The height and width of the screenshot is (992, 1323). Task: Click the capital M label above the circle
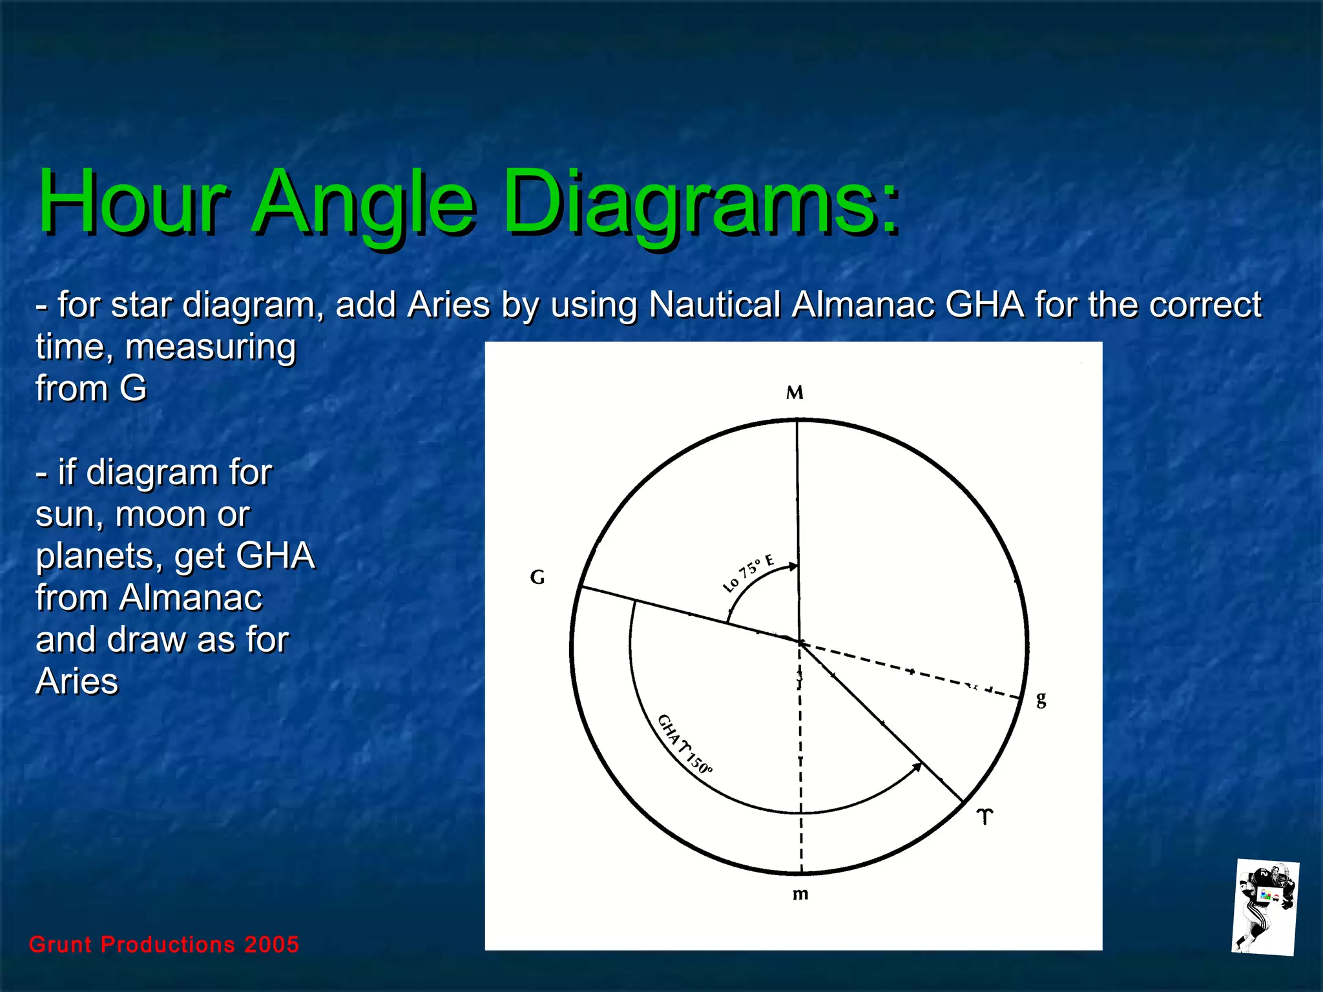click(795, 393)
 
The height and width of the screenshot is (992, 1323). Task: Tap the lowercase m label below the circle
click(800, 894)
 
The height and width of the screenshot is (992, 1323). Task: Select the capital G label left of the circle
click(537, 577)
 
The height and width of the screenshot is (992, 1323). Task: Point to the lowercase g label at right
click(1041, 699)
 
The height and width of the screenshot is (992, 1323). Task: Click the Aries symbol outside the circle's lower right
click(984, 816)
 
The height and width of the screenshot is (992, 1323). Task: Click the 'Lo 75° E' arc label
click(747, 573)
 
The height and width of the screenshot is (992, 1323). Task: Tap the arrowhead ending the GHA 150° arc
click(917, 767)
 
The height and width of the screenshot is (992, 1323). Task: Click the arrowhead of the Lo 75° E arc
click(794, 566)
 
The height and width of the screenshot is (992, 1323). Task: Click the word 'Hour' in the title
click(132, 201)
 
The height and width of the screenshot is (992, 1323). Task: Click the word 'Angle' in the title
click(365, 201)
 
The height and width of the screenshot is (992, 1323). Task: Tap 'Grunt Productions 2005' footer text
click(164, 944)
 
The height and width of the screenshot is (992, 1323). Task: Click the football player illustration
click(1264, 907)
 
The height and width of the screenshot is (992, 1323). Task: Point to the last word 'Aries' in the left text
click(77, 681)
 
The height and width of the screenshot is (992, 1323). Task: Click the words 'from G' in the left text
click(91, 388)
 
